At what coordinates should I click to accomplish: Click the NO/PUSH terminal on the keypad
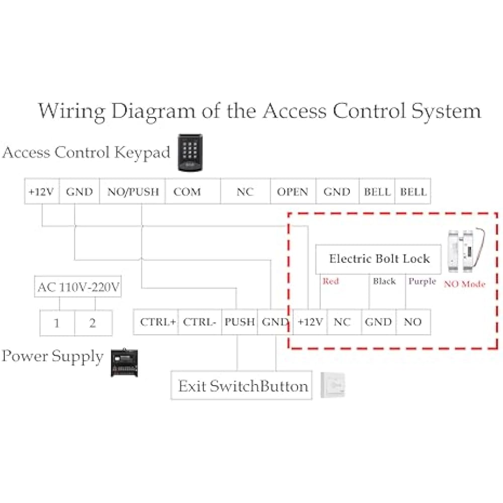132,192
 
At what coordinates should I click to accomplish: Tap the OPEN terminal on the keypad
293,192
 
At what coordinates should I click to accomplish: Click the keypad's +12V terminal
42,192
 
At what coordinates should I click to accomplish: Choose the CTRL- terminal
200,322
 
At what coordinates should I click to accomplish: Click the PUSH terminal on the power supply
239,322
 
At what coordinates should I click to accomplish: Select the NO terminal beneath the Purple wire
413,322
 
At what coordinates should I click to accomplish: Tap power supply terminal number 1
57,323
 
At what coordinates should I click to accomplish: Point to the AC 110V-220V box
78,287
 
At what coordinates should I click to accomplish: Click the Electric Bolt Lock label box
379,259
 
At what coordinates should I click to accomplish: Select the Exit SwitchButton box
241,385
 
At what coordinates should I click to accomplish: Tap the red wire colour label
331,281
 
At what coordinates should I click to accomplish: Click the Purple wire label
422,282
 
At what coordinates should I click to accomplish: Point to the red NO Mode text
464,284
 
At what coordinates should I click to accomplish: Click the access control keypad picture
190,152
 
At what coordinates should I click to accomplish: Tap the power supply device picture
124,362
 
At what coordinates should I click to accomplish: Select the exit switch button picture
333,385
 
